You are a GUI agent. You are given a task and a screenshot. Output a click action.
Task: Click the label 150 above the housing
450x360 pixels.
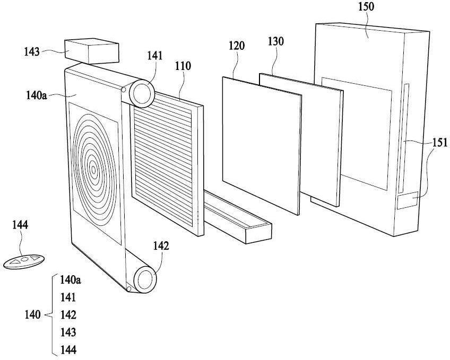point(366,6)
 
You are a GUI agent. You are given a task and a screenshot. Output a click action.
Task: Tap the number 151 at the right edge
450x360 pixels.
point(440,143)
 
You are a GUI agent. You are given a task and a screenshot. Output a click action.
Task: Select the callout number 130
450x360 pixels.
point(276,41)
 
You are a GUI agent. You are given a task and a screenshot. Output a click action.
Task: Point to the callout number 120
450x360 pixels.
point(237,46)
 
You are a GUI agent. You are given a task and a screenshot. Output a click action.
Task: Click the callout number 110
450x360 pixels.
point(183,66)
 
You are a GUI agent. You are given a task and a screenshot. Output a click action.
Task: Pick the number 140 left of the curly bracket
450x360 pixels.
point(32,315)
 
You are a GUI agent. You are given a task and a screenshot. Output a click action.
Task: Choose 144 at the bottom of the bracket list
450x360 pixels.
point(68,350)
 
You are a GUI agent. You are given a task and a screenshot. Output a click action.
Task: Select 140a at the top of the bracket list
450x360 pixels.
point(70,280)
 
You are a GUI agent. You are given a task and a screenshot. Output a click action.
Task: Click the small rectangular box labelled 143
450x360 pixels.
point(92,51)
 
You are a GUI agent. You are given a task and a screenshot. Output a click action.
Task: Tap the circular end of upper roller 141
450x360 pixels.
point(142,93)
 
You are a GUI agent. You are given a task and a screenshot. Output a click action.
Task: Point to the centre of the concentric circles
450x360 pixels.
point(93,170)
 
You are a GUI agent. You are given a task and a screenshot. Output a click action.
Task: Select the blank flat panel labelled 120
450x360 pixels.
point(262,145)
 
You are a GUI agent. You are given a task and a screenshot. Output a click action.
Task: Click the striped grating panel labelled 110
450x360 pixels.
point(167,163)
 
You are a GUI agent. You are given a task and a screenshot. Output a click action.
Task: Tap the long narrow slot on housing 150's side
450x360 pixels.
point(403,138)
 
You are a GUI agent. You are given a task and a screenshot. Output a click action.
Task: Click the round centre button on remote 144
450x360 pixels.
point(25,259)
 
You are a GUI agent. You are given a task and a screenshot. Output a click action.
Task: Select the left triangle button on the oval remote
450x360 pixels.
point(16,261)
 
